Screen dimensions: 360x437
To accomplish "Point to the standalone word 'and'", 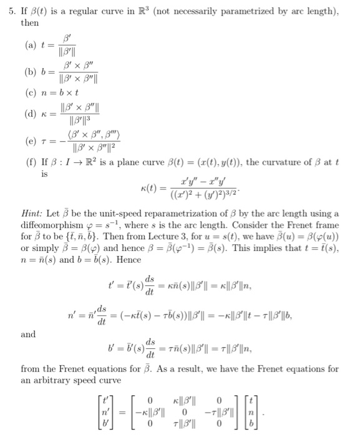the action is pos(28,334).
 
